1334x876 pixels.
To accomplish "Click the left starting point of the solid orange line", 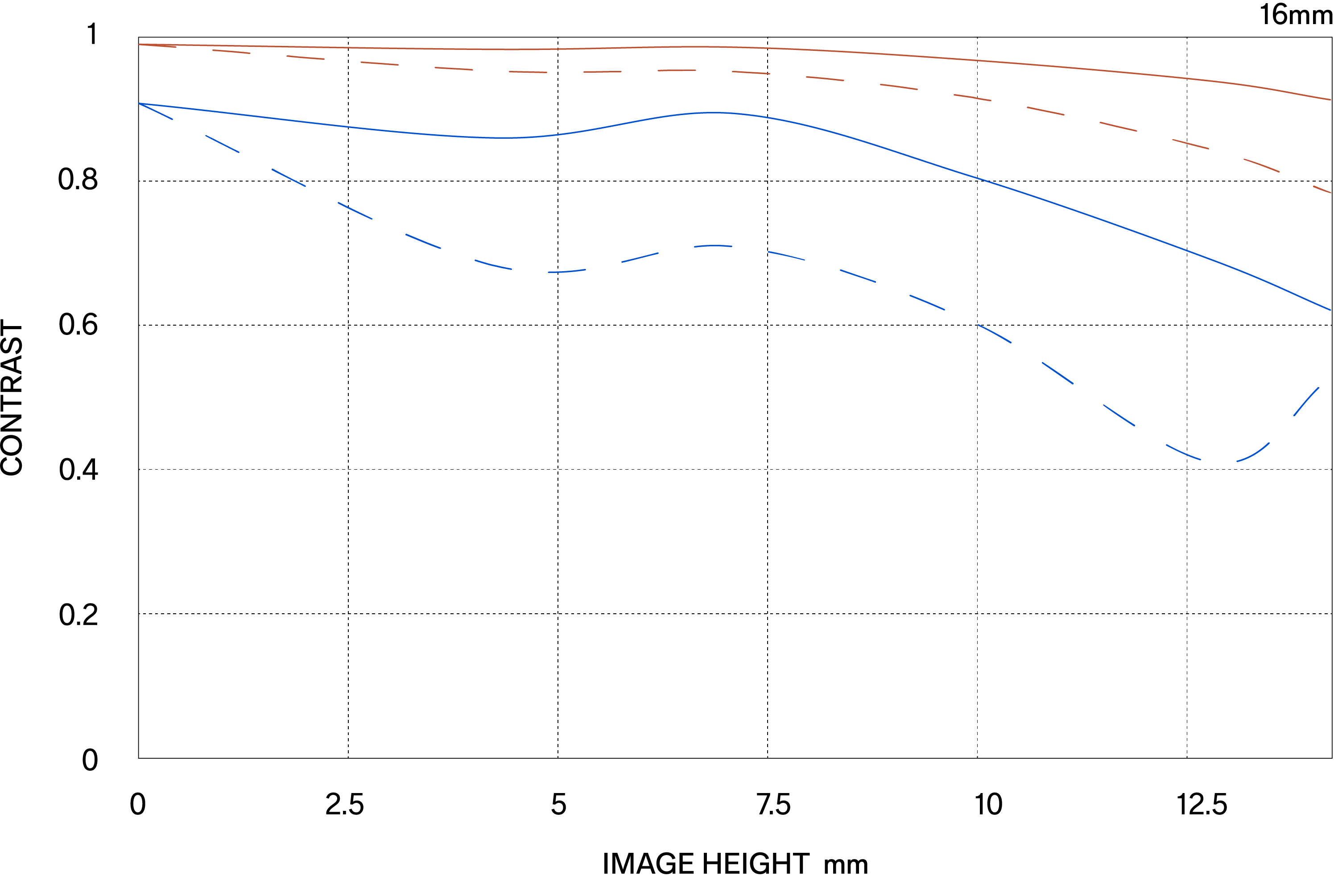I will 140,44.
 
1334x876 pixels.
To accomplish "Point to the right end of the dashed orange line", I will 1330,192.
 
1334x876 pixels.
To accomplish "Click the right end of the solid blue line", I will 1330,310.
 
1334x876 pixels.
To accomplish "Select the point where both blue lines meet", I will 140,103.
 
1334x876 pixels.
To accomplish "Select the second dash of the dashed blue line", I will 223,144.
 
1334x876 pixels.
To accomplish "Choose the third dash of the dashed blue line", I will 289,177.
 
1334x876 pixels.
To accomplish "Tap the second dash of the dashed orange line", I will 231,52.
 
